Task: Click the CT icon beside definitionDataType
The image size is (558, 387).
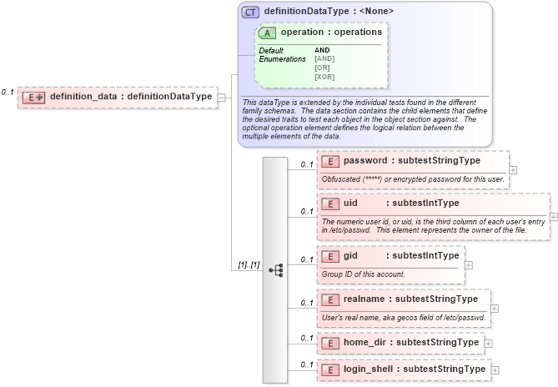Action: [x=250, y=12]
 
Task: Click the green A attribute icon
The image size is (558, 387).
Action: [x=267, y=33]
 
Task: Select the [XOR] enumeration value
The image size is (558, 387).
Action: [x=324, y=77]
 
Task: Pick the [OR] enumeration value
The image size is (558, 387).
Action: [x=323, y=68]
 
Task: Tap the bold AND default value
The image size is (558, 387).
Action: [x=323, y=50]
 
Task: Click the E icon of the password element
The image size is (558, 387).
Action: [x=329, y=160]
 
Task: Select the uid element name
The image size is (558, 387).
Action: [x=350, y=203]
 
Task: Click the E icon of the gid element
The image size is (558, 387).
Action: [x=329, y=256]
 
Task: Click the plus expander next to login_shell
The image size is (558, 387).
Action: [x=495, y=369]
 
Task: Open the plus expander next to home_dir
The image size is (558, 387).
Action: [x=488, y=343]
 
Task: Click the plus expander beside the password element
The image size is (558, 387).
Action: [x=513, y=169]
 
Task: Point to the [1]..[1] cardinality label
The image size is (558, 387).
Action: [x=248, y=265]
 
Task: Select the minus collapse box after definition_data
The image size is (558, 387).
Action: [x=221, y=98]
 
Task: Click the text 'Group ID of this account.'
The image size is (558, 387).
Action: [x=364, y=274]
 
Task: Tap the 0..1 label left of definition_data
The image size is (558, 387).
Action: [x=8, y=92]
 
